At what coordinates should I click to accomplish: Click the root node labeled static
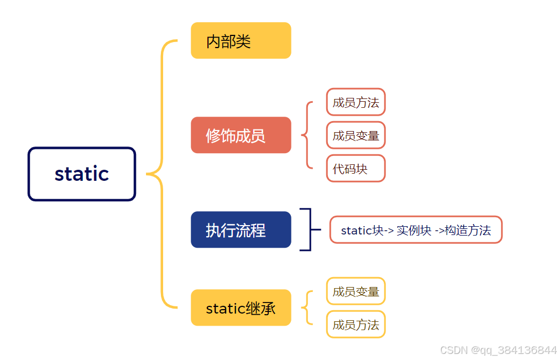[82, 174]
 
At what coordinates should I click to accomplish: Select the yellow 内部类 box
[241, 40]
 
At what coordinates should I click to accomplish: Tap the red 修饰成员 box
[241, 135]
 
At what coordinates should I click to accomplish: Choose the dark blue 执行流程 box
[241, 229]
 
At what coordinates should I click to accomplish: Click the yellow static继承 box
[241, 307]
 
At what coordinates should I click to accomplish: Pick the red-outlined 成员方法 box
[356, 102]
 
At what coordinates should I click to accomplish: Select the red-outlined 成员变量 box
[356, 135]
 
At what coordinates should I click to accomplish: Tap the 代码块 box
[356, 169]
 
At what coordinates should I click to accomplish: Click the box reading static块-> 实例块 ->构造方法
[416, 230]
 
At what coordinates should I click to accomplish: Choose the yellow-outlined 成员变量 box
[356, 291]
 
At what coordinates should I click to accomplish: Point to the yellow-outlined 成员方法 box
[356, 325]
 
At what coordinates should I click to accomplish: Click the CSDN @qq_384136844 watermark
[498, 350]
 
